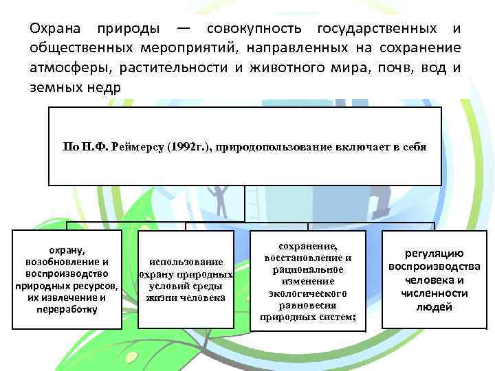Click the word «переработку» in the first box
coord(67,308)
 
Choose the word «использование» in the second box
coord(186,262)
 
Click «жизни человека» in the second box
coord(186,297)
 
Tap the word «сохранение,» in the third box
coord(308,246)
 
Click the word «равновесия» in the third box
coord(308,305)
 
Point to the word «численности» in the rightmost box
coord(434,293)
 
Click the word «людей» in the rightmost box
coord(434,306)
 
